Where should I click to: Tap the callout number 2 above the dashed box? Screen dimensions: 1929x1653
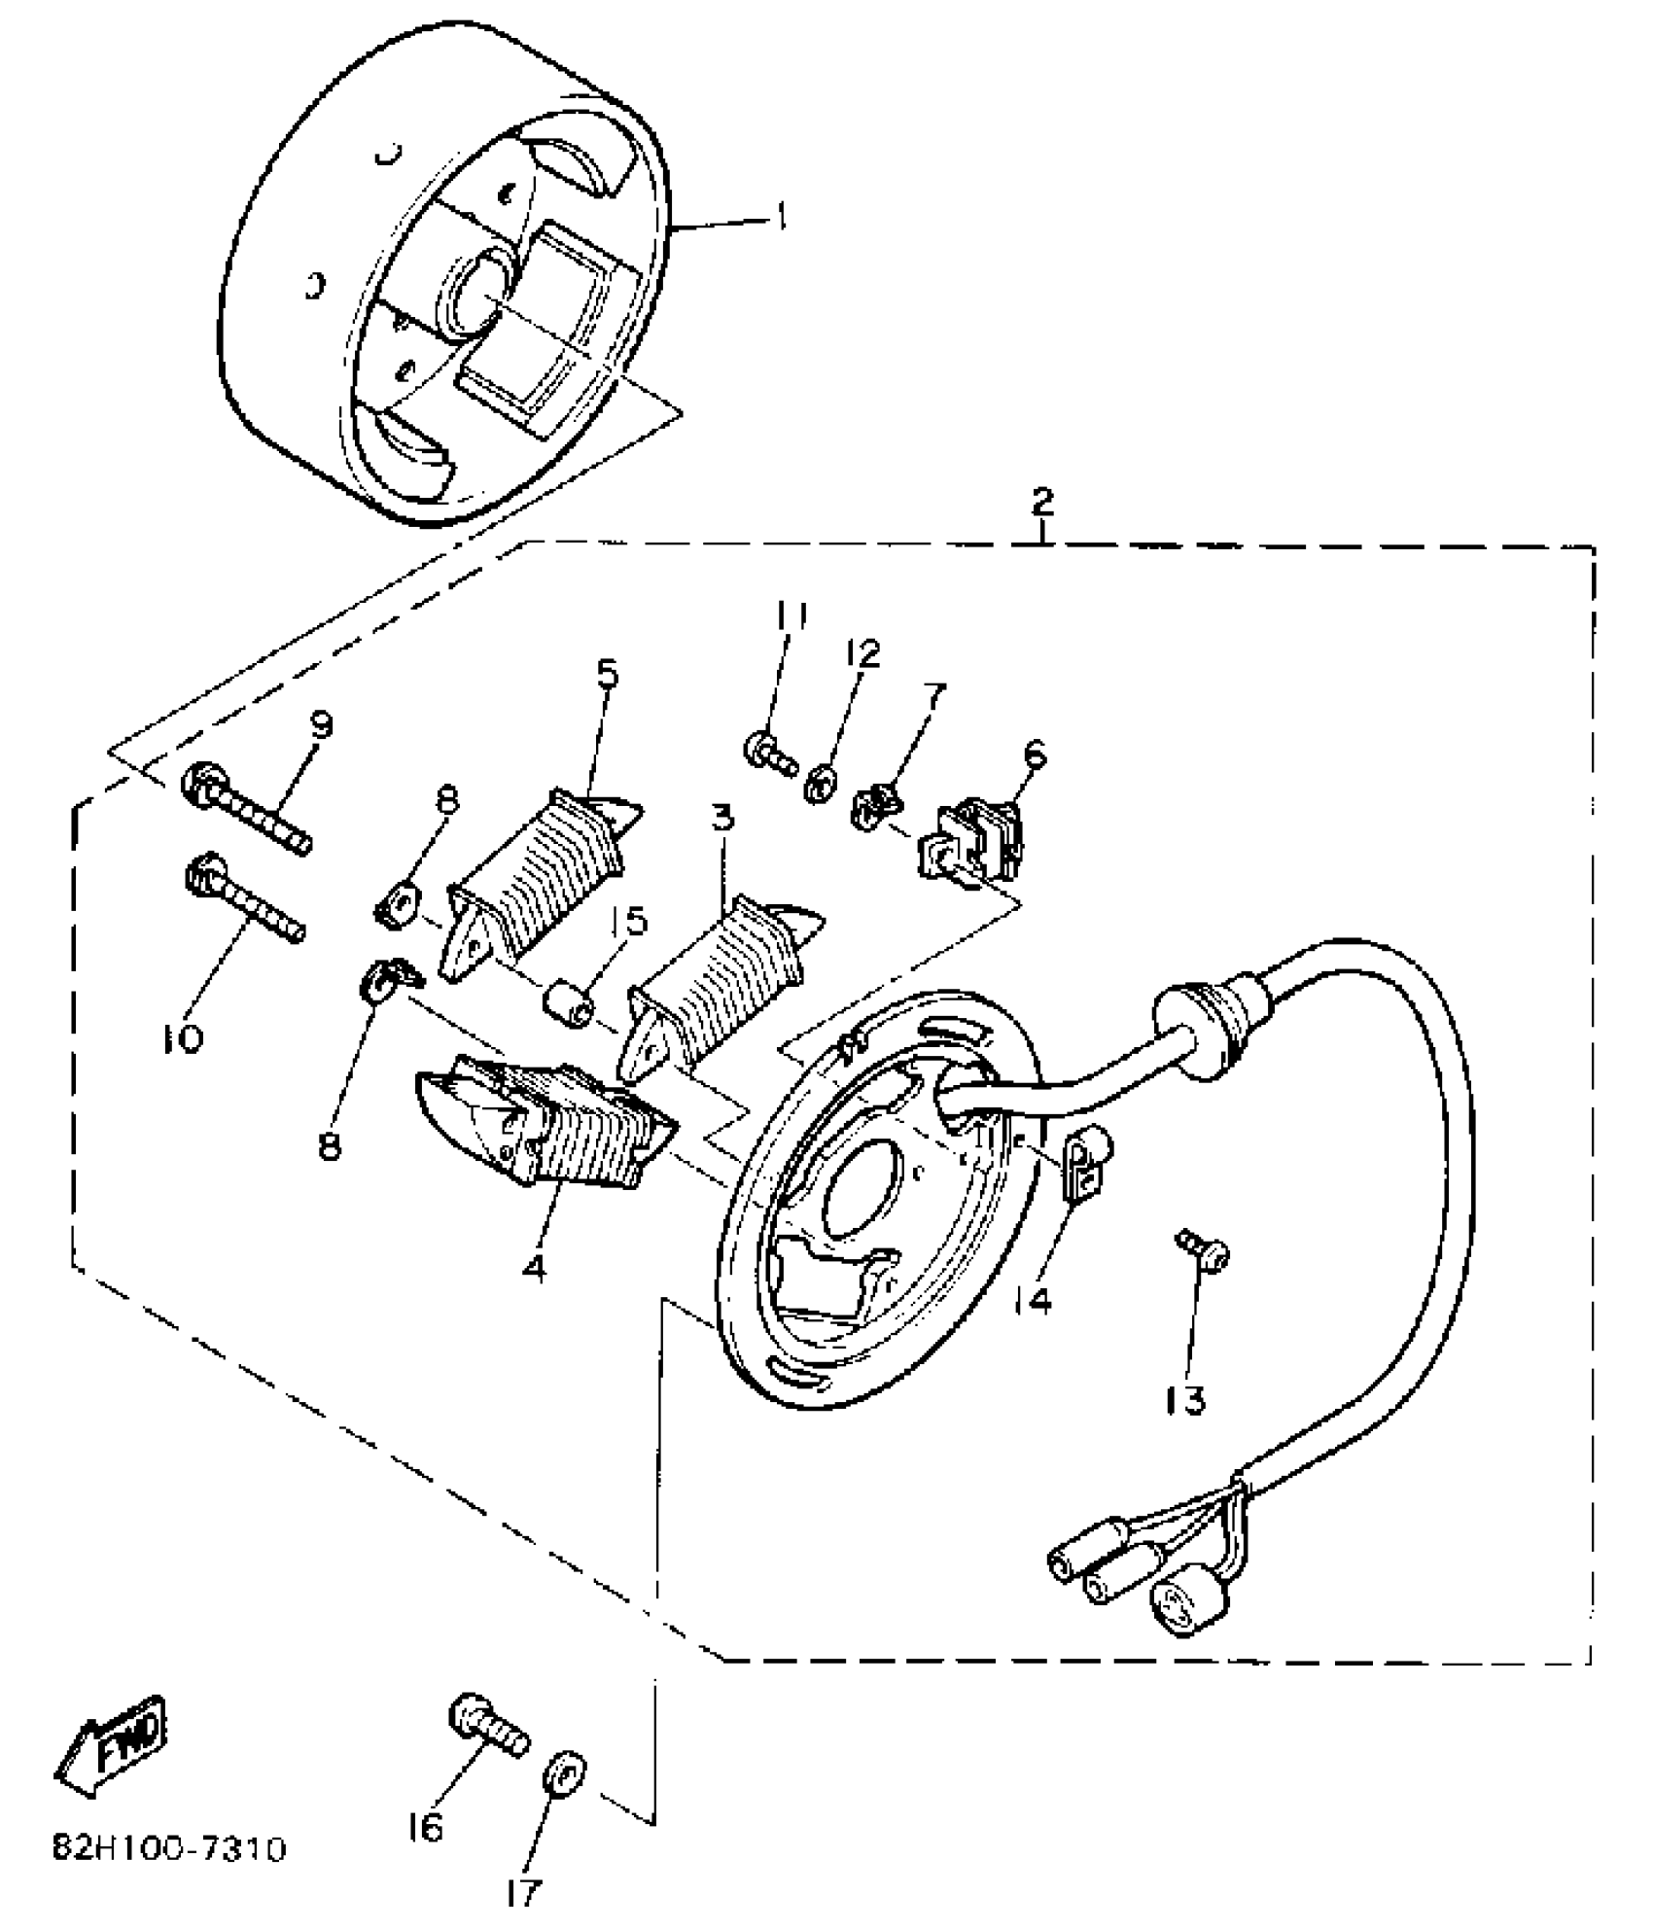click(x=1041, y=503)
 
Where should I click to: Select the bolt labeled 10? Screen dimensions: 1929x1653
click(x=243, y=897)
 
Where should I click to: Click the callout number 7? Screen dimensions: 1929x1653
click(x=933, y=697)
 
